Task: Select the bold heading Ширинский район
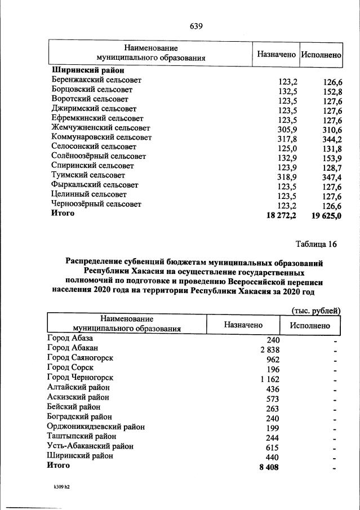[x=87, y=70]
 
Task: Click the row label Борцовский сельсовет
[x=92, y=90]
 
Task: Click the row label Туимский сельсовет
[x=89, y=175]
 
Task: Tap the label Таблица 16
[x=316, y=244]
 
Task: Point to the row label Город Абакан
[x=73, y=349]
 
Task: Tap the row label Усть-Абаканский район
[x=90, y=446]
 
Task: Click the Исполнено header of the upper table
[x=321, y=55]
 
